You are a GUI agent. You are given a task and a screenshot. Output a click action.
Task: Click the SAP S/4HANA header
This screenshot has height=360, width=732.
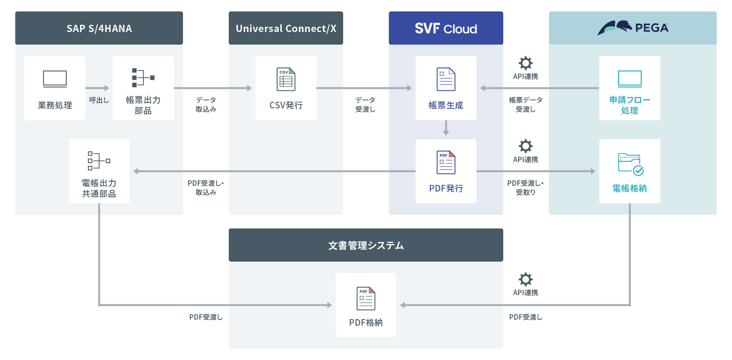(99, 28)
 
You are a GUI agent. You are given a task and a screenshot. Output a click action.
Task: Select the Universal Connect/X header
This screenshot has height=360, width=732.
(286, 28)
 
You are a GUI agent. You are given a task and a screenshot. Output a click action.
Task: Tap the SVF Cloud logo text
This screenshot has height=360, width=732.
(446, 29)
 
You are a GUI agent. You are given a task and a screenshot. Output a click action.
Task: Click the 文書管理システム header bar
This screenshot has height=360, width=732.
(366, 245)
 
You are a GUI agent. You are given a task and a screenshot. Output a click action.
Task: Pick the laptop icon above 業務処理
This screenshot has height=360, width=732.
(55, 79)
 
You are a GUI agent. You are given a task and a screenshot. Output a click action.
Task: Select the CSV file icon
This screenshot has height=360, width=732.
(286, 79)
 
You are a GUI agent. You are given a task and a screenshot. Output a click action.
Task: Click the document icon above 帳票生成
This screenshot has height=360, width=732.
(446, 79)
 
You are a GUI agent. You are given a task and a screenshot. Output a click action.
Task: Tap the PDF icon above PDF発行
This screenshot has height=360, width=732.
(446, 162)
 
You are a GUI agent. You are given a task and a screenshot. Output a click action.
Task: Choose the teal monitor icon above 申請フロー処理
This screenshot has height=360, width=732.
(629, 79)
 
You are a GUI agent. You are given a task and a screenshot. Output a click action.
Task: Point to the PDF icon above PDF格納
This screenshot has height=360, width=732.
(366, 298)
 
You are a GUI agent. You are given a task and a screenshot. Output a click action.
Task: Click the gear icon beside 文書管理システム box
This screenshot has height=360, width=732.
(525, 279)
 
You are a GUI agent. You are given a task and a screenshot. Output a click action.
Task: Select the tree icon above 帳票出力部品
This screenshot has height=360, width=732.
(143, 78)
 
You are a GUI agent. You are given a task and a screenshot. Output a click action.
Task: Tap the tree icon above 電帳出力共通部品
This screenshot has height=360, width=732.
(99, 161)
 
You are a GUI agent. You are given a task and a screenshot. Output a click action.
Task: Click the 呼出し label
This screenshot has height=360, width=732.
(99, 100)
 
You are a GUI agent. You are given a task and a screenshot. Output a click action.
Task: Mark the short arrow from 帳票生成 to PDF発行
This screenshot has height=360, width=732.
(446, 128)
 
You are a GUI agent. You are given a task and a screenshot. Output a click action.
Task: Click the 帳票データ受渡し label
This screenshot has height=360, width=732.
(525, 104)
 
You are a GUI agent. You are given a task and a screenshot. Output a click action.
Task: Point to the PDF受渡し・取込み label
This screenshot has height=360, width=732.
(206, 188)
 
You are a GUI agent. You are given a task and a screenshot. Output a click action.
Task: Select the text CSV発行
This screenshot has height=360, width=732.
(286, 105)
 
